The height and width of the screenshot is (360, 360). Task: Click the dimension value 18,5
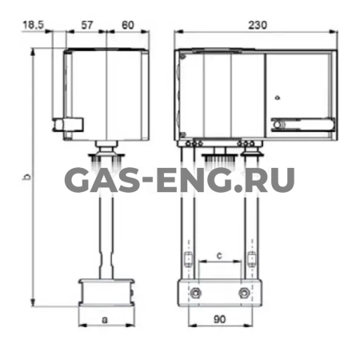point(33,25)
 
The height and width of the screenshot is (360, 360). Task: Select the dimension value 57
point(87,25)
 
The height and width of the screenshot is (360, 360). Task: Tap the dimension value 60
point(128,25)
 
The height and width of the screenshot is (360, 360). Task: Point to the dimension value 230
point(258,25)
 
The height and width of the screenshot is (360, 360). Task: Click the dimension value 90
point(220,319)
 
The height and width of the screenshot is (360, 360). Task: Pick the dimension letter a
point(105,319)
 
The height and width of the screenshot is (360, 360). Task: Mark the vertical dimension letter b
point(26,177)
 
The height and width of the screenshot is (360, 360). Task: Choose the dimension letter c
point(219,255)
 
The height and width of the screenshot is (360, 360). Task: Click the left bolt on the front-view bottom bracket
point(196,293)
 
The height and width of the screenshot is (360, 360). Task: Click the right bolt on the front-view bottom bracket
point(244,293)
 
